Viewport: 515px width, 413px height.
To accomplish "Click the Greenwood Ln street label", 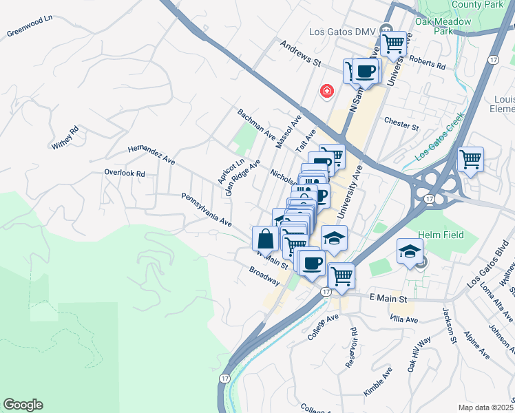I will click(30, 27).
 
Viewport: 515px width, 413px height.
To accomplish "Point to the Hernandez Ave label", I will click(151, 155).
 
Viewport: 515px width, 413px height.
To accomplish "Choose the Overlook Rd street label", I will click(125, 174).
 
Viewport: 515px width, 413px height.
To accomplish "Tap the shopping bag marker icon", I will click(266, 239).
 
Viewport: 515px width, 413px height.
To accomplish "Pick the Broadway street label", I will click(264, 277).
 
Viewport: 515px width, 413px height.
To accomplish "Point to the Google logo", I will click(23, 405).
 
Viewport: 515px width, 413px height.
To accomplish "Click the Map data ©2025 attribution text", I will click(486, 407).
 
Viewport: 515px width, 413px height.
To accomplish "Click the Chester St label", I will click(401, 126).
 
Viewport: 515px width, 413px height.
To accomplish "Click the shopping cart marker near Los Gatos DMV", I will click(394, 43).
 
